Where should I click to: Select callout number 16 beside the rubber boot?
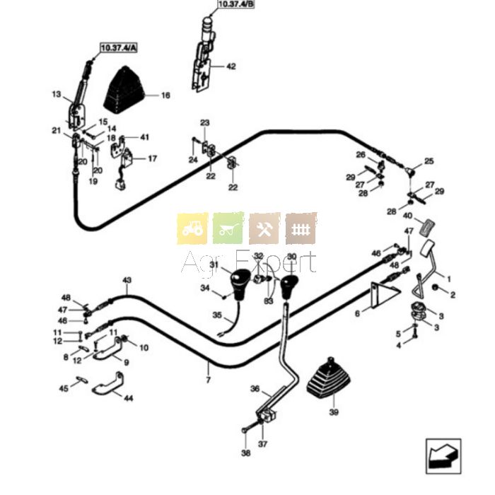point(165,95)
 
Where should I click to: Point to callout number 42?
point(231,66)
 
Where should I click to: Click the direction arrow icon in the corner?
point(443,455)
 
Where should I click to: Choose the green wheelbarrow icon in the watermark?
point(228,228)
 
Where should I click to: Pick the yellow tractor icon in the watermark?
point(192,228)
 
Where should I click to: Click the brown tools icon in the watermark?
point(265,228)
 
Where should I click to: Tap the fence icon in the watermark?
point(301,228)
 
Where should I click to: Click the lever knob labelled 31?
point(240,282)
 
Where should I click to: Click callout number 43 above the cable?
point(127,281)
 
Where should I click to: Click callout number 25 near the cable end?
point(429,162)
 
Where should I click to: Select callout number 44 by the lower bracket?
point(128,399)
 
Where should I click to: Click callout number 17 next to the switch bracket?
point(152,158)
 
